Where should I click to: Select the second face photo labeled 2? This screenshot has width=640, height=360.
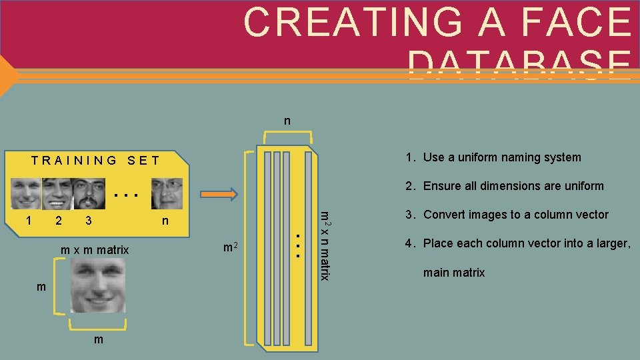57,193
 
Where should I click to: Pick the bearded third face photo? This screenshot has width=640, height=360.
88,193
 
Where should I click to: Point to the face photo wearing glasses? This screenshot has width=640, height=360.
167,193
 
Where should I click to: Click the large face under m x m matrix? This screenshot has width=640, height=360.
98,286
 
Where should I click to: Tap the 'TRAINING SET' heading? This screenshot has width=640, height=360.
96,160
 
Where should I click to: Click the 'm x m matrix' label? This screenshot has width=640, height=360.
95,250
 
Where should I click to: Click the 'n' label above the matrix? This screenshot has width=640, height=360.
287,121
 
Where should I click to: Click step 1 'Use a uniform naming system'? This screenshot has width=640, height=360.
493,157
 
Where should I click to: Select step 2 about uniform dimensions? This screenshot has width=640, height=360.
505,186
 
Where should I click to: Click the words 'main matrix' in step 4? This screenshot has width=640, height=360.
454,272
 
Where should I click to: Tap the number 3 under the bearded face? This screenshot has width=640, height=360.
88,221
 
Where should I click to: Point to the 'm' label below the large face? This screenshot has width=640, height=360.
98,340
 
